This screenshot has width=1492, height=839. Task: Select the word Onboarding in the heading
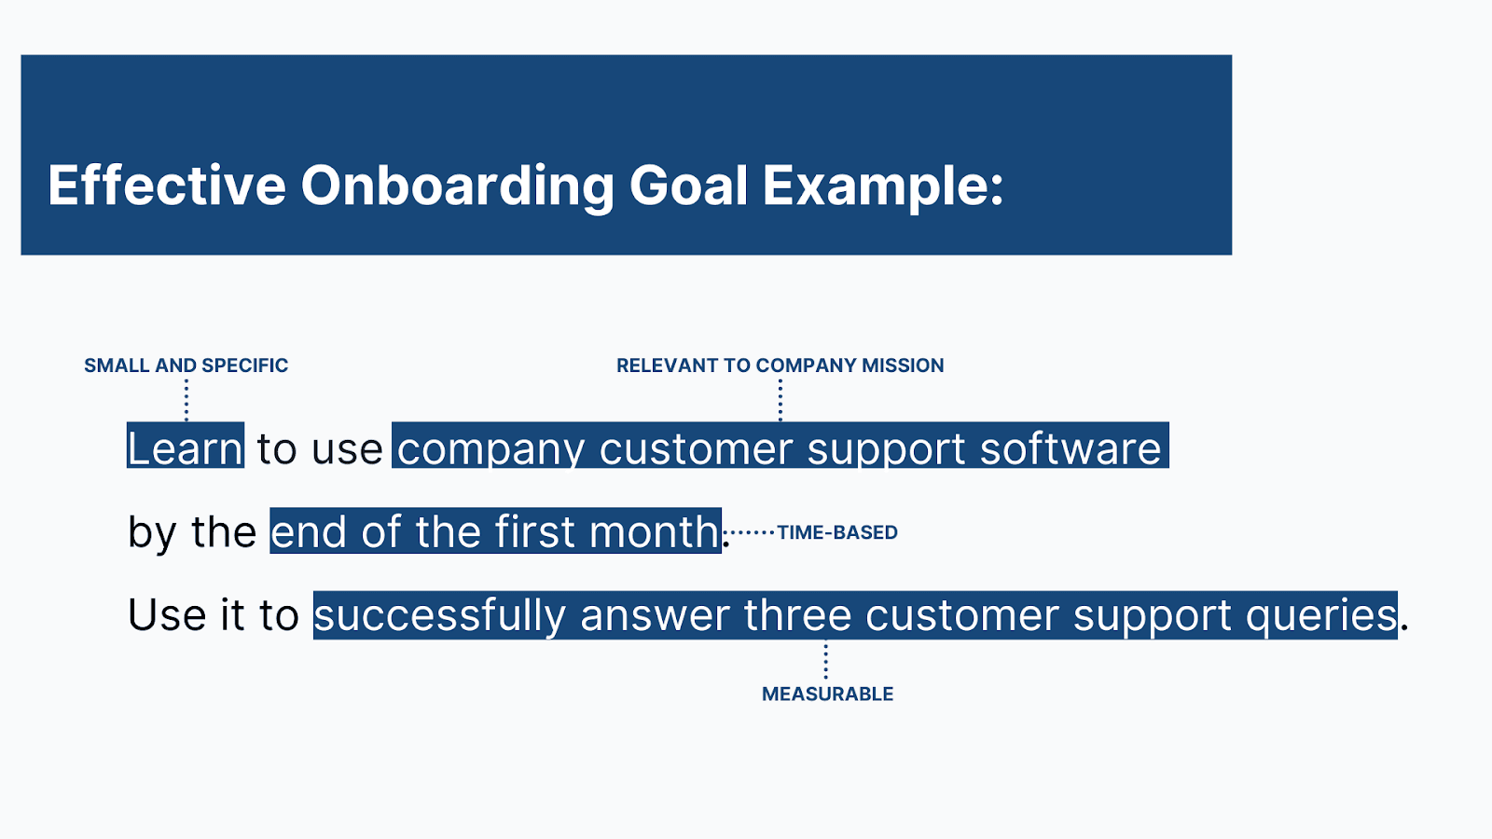(458, 186)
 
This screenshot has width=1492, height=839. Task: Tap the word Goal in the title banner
(688, 185)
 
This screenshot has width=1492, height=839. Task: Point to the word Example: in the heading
(883, 186)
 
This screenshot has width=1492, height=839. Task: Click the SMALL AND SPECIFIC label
(186, 365)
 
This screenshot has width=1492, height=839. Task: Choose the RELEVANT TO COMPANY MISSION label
(780, 365)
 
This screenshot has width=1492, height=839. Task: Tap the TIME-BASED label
(837, 532)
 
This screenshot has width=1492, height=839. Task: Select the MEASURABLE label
(827, 694)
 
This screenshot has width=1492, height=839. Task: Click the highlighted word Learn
(186, 447)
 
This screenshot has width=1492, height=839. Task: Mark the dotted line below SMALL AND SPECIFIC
(186, 400)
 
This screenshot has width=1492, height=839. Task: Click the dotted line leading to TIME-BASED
(750, 532)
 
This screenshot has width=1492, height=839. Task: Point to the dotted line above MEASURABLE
(825, 661)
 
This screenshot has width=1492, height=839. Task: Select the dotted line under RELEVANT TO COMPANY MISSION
(781, 400)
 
